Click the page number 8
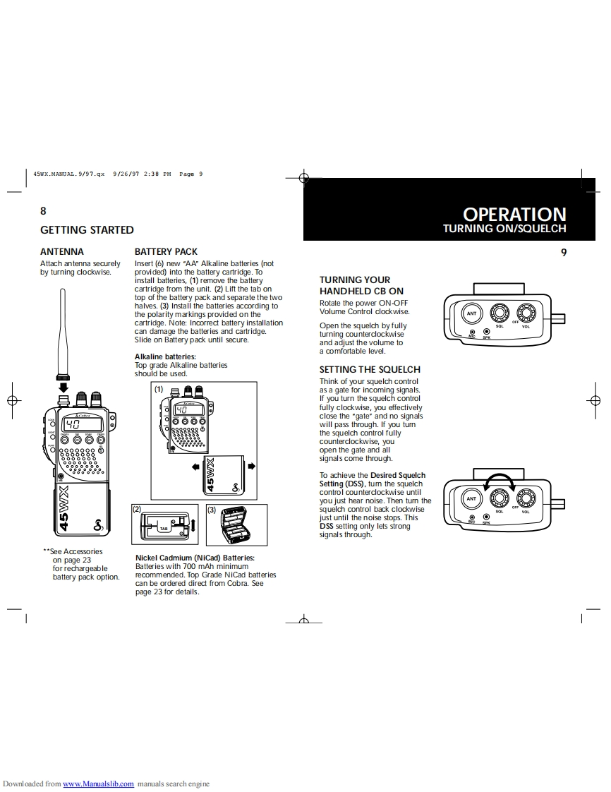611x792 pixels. point(43,210)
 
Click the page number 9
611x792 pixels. point(564,252)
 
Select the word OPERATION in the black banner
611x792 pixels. point(514,214)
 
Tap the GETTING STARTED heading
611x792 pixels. point(87,229)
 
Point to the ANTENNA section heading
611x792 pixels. point(62,251)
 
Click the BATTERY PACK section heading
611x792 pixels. point(166,251)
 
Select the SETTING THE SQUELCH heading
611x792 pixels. point(370,369)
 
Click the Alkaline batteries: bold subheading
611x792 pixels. point(165,356)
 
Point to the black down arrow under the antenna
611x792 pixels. point(63,386)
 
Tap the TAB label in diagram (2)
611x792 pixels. point(163,528)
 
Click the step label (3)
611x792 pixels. point(211,509)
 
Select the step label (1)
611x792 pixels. point(159,389)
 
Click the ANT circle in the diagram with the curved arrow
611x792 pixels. point(472,498)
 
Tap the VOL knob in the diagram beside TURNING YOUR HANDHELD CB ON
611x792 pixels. point(526,312)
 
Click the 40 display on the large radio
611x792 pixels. point(73,424)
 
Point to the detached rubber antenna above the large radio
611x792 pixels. point(62,332)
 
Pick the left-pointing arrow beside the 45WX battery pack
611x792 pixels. point(195,467)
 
